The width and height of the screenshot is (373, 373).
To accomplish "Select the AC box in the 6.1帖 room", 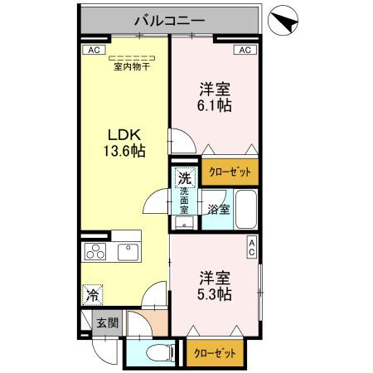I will click(x=245, y=50).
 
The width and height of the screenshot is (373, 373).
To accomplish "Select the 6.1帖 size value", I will click(x=215, y=105).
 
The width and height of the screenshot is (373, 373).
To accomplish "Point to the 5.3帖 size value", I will click(x=215, y=293).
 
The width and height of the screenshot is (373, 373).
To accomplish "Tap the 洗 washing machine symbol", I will click(x=185, y=177).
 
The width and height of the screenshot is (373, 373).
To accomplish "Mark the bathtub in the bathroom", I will click(x=245, y=208).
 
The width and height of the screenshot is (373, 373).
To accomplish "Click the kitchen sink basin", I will click(x=128, y=252).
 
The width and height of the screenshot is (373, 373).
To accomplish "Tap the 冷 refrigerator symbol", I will click(x=93, y=293).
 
